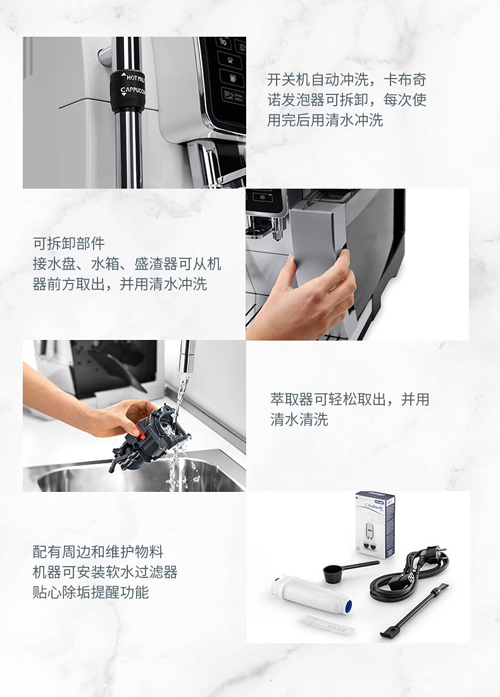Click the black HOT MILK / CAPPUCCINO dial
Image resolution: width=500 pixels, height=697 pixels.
point(128,91)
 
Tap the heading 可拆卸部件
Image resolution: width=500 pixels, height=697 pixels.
point(69,243)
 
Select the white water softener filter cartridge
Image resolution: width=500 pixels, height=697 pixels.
point(311,595)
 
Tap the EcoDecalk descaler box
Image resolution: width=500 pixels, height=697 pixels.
point(376,525)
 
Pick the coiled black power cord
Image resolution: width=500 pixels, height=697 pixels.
point(408,574)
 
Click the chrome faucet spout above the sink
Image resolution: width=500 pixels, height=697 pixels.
point(186,356)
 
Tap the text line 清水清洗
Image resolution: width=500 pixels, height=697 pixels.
point(299,419)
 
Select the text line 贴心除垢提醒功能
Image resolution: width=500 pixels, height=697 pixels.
point(91,592)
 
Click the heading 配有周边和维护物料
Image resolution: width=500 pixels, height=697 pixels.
point(98,551)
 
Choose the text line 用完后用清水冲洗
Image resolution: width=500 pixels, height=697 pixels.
point(325,120)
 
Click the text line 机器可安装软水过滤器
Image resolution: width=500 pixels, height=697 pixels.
point(105,572)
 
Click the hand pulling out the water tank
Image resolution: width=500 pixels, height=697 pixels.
point(307,296)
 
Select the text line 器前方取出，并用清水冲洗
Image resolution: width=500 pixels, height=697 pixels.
point(120,284)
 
